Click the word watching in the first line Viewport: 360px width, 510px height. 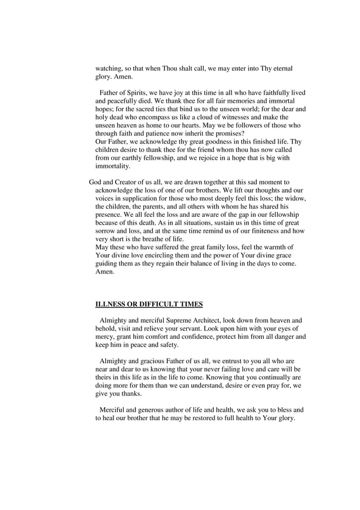pos(109,68)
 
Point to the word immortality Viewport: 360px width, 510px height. pos(112,166)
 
